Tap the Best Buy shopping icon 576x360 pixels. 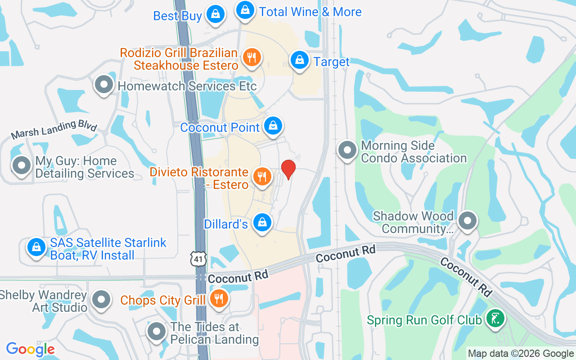pyautogui.click(x=216, y=14)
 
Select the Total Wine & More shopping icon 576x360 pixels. pyautogui.click(x=245, y=10)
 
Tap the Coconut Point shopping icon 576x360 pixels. pyautogui.click(x=273, y=126)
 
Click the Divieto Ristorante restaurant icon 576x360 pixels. pyautogui.click(x=261, y=176)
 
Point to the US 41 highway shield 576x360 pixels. pyautogui.click(x=198, y=259)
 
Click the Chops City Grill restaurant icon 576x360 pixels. pyautogui.click(x=219, y=299)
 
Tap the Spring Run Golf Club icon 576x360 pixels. pyautogui.click(x=495, y=319)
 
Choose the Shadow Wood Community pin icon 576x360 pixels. pyautogui.click(x=468, y=221)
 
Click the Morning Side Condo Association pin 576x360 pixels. pyautogui.click(x=347, y=150)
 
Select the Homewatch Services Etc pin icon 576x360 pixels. pyautogui.click(x=104, y=85)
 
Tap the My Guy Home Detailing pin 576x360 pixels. pyautogui.click(x=22, y=166)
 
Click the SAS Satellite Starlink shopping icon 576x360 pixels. pyautogui.click(x=36, y=247)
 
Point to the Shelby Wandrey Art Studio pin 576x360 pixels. pyautogui.click(x=101, y=300)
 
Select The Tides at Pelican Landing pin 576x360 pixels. pyautogui.click(x=157, y=332)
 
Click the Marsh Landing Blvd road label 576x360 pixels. pyautogui.click(x=54, y=129)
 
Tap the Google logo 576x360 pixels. pyautogui.click(x=30, y=349)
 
